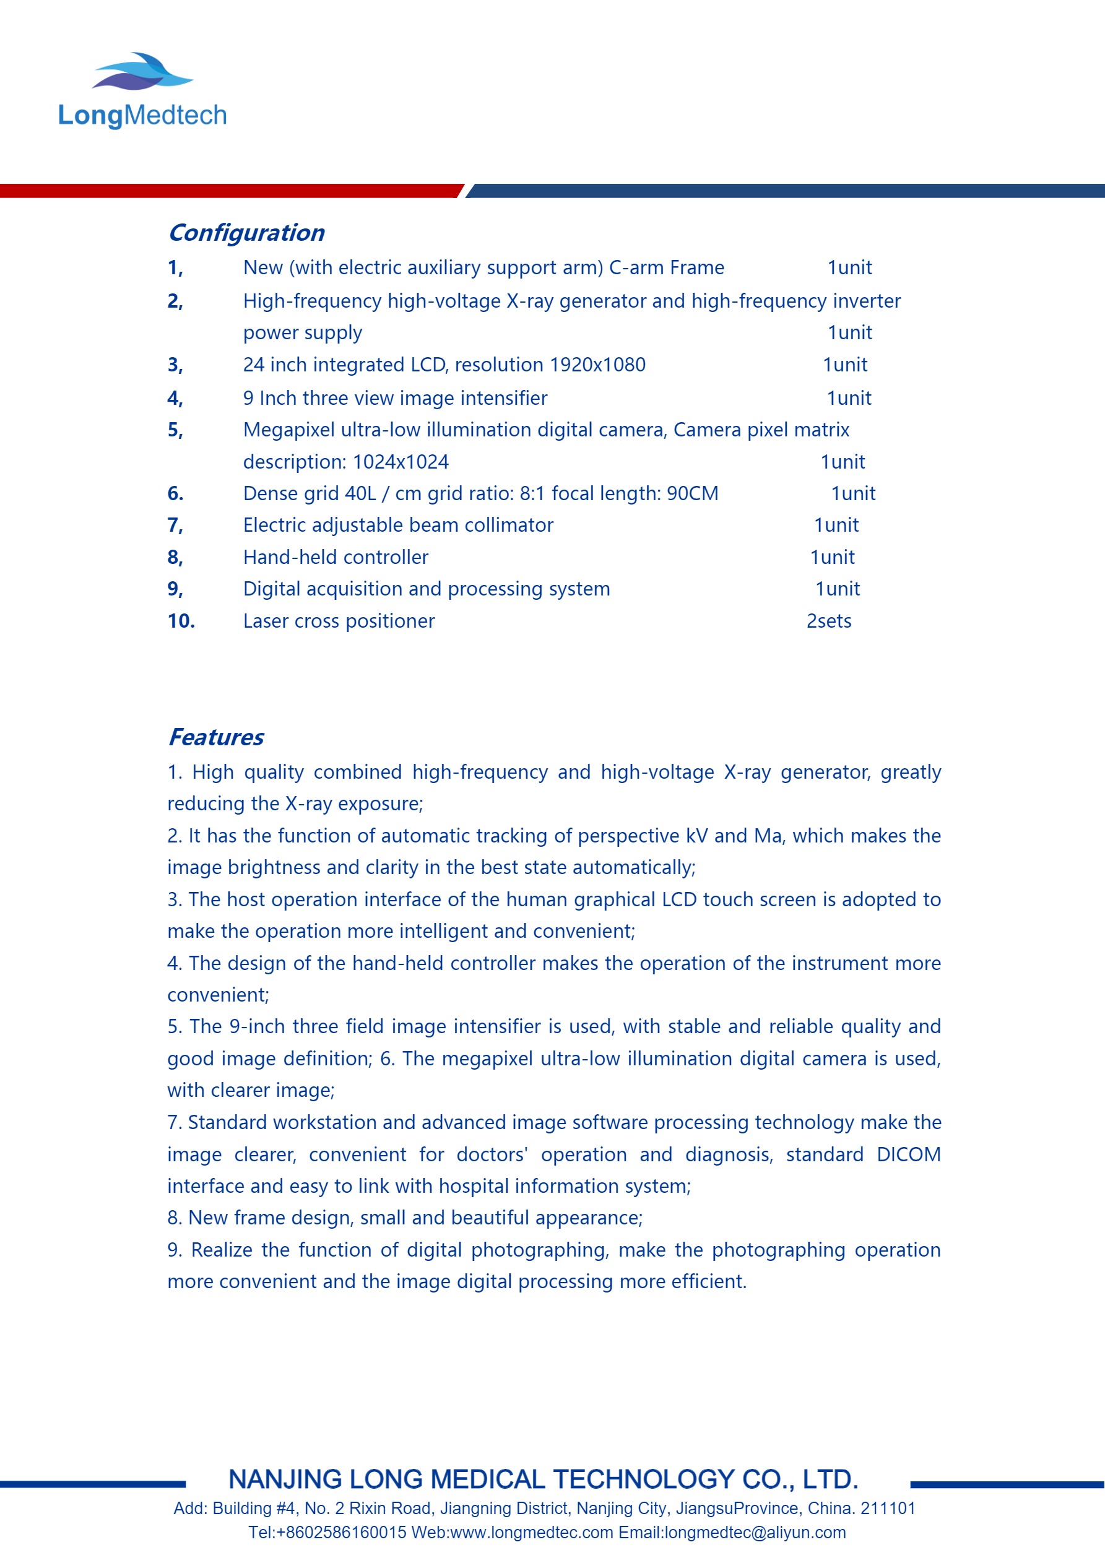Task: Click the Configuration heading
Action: pos(246,233)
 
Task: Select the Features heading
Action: pos(216,737)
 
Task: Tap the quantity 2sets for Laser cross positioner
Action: pos(828,621)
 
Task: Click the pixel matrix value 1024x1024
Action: pos(401,462)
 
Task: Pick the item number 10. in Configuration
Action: pos(181,621)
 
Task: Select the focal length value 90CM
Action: pos(693,493)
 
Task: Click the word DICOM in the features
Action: pos(908,1155)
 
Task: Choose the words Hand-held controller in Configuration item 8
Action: pos(336,558)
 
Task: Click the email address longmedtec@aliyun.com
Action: pos(755,1533)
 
